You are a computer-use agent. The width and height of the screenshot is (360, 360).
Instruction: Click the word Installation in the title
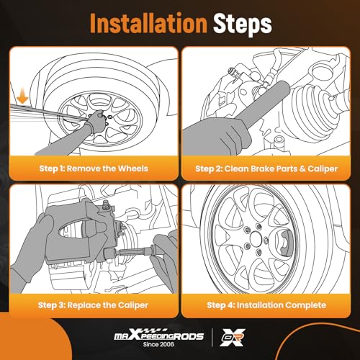[148, 23]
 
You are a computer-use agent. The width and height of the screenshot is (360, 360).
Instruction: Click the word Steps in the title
[243, 25]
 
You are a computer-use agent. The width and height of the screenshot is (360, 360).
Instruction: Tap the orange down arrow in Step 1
[23, 96]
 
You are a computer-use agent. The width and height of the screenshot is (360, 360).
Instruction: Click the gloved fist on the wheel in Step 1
[96, 120]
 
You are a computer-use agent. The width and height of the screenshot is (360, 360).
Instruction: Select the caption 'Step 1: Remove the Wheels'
[94, 168]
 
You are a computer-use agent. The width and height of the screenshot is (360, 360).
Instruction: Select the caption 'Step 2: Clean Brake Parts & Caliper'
[266, 168]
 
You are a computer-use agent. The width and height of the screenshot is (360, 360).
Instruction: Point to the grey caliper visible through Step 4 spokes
[286, 243]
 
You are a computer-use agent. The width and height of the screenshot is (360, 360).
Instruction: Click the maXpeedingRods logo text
[158, 336]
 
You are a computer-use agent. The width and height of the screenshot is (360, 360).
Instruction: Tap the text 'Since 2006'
[158, 344]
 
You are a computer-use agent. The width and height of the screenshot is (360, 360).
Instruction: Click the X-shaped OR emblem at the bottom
[233, 338]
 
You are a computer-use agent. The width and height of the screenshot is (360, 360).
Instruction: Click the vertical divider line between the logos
[212, 338]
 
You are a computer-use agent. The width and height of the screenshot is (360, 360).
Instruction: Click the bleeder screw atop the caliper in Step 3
[106, 204]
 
